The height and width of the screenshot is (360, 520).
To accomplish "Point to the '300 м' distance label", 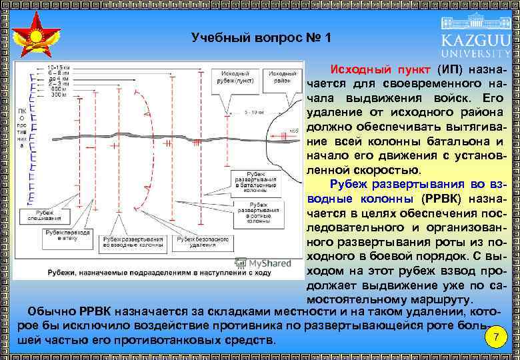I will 59,95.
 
